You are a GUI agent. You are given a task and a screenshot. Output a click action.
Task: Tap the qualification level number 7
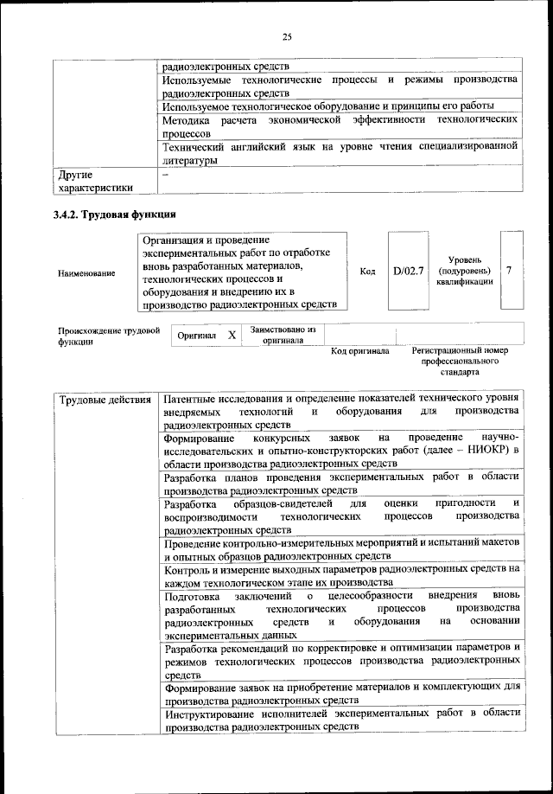510,271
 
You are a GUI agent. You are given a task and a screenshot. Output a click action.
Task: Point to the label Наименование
86,273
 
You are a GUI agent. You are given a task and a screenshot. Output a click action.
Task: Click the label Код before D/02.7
367,272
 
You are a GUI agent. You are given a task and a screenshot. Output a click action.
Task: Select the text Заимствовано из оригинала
283,335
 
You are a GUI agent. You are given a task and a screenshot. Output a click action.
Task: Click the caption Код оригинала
360,351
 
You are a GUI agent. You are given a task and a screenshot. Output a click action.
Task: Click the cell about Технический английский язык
341,153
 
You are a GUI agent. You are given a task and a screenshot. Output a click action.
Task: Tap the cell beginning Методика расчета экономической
341,127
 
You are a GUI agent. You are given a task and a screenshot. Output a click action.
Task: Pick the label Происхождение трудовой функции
109,335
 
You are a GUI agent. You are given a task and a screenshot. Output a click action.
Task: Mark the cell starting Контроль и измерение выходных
341,575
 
